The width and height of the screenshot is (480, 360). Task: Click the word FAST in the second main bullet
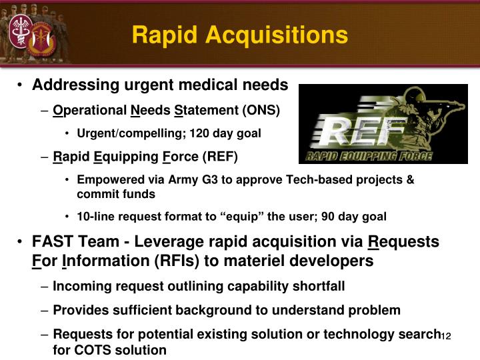coord(52,241)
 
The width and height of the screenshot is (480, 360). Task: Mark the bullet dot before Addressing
coord(23,86)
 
